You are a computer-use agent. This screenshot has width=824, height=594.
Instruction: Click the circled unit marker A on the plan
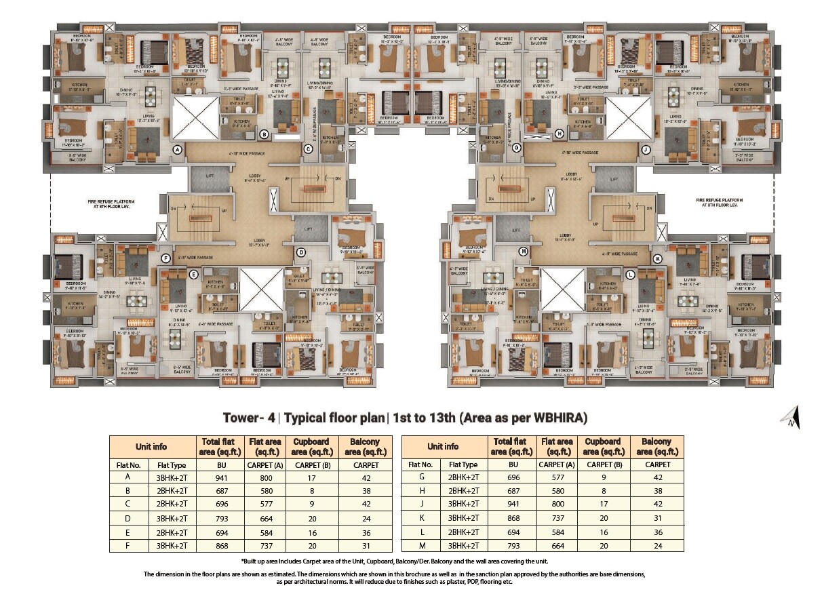tap(177, 150)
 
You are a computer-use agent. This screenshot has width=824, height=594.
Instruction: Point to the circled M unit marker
tap(523, 252)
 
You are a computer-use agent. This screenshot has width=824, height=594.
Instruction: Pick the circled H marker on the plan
tap(559, 134)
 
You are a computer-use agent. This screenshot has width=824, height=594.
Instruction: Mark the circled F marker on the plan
tap(165, 258)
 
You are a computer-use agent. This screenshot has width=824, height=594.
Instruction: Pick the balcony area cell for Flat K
tap(658, 519)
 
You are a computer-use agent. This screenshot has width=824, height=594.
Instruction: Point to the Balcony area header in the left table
tap(366, 447)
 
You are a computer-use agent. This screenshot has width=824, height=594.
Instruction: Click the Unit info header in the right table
tap(443, 447)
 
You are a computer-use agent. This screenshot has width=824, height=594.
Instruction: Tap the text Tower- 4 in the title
tap(248, 418)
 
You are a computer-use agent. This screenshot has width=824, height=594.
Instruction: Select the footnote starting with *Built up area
tap(394, 561)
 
